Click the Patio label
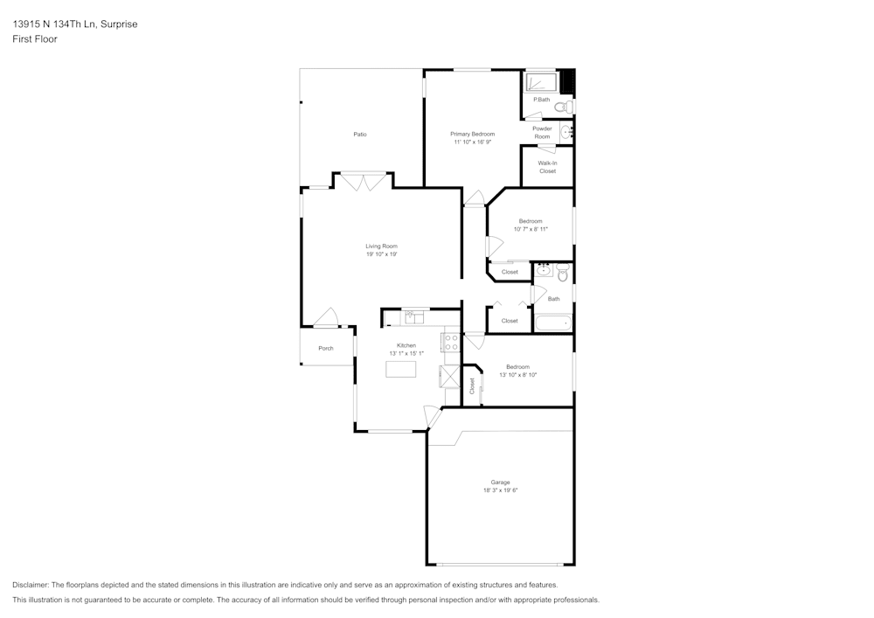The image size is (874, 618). (359, 135)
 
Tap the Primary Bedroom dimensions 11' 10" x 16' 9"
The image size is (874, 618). (472, 142)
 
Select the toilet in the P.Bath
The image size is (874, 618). (566, 107)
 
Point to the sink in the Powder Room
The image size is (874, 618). (566, 132)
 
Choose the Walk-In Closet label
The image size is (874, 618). (547, 167)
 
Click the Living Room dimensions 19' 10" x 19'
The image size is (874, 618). (381, 254)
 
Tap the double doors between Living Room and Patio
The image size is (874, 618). (363, 181)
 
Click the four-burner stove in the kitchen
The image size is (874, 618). (452, 343)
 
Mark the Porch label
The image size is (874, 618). (325, 349)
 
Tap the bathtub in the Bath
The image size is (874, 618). (552, 323)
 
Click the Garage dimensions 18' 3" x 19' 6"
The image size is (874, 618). (500, 490)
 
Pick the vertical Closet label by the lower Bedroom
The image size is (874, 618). (472, 385)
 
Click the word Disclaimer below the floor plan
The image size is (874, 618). (31, 585)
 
